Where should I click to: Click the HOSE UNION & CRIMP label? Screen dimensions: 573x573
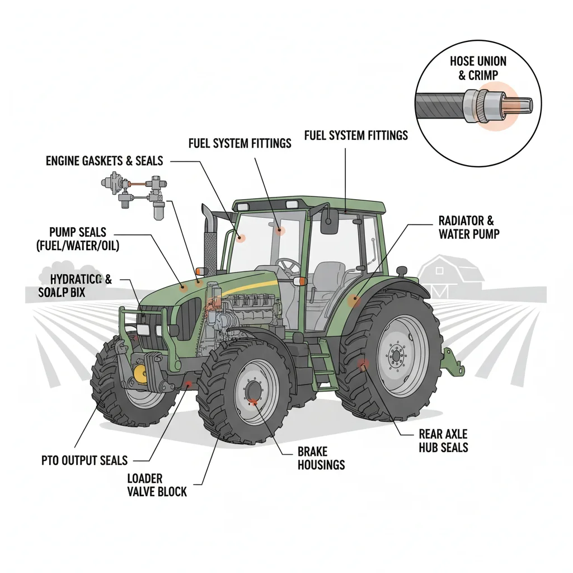click(478, 68)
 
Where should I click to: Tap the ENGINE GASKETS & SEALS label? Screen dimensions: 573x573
click(104, 161)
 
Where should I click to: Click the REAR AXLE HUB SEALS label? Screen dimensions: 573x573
click(443, 440)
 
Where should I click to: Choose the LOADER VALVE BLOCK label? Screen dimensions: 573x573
click(156, 485)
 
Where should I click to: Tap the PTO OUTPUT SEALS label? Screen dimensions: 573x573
click(84, 461)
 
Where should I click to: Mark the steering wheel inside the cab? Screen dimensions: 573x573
click(289, 264)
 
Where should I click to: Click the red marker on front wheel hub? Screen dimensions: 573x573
click(253, 401)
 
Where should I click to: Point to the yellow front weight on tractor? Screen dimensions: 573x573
click(140, 373)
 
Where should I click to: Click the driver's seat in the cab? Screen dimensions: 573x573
click(325, 277)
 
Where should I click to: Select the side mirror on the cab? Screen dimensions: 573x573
click(328, 222)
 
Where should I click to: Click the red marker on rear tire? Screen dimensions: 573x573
click(363, 365)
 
